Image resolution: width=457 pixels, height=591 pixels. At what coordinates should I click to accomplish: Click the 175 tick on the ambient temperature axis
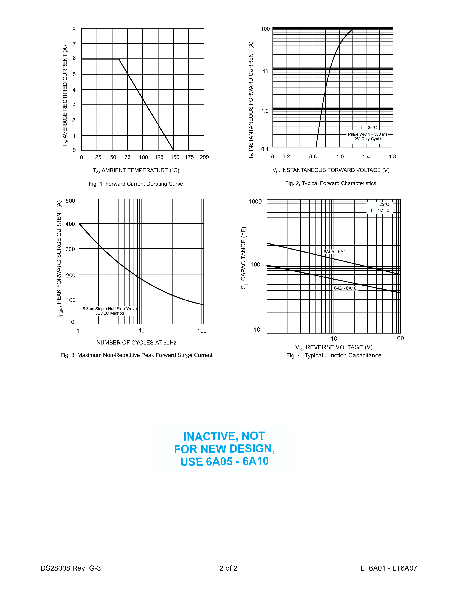pyautogui.click(x=189, y=157)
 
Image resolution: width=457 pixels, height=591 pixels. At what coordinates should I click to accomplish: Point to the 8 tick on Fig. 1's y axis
pyautogui.click(x=74, y=29)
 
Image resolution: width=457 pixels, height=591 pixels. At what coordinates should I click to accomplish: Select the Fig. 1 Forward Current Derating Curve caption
pyautogui.click(x=136, y=184)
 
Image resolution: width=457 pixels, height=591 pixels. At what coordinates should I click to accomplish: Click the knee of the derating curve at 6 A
pyautogui.click(x=119, y=59)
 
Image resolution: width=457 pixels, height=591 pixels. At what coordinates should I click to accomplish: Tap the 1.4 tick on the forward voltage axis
pyautogui.click(x=366, y=157)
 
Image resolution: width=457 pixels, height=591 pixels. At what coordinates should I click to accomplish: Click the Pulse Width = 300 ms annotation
pyautogui.click(x=367, y=134)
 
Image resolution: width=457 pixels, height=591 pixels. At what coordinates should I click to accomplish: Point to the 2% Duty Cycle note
pyautogui.click(x=367, y=139)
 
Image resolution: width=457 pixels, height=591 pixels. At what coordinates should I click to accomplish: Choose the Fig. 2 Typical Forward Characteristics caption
pyautogui.click(x=331, y=184)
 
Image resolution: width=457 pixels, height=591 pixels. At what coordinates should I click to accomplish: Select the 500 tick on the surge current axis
pyautogui.click(x=70, y=201)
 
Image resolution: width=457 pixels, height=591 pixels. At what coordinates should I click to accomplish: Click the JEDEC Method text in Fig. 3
pyautogui.click(x=110, y=313)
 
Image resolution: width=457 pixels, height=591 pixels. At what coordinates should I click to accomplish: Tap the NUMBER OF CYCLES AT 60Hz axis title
pyautogui.click(x=136, y=343)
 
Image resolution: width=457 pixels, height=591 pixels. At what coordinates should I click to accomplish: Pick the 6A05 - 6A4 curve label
pyautogui.click(x=335, y=252)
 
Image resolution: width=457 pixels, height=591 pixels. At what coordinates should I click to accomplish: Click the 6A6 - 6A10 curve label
pyautogui.click(x=345, y=288)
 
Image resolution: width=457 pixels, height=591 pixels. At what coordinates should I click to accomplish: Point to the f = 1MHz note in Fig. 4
pyautogui.click(x=380, y=211)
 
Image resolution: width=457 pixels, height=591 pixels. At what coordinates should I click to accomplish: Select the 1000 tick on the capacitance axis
pyautogui.click(x=255, y=202)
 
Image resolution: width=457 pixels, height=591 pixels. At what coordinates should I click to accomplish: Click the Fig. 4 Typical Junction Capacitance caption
pyautogui.click(x=334, y=356)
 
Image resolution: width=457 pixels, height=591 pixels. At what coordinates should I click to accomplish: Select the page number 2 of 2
pyautogui.click(x=228, y=568)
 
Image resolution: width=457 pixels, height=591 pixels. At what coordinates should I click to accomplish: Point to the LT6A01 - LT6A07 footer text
pyautogui.click(x=389, y=568)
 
